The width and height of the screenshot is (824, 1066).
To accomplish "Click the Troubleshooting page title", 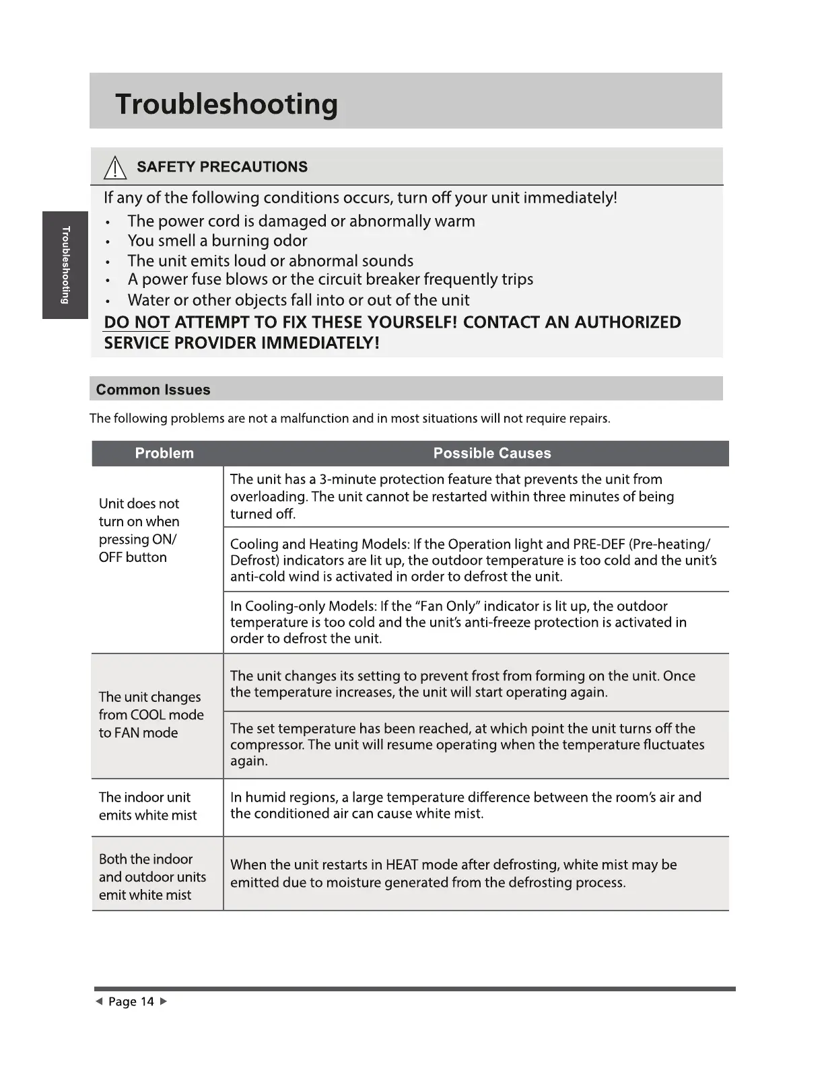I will (226, 104).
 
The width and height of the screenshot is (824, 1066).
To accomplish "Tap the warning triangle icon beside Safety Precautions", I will (116, 167).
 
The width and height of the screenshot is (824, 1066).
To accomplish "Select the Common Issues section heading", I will (153, 390).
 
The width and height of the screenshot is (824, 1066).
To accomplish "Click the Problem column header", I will (164, 453).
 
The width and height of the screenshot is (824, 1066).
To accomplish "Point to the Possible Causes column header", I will (491, 453).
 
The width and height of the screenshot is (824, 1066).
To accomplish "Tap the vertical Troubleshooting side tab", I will (65, 265).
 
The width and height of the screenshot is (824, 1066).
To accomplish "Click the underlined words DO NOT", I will (137, 322).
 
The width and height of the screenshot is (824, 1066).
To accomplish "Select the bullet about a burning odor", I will (217, 240).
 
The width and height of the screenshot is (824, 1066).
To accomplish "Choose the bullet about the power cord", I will (301, 221).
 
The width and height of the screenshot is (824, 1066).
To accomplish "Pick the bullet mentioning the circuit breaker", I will (330, 279).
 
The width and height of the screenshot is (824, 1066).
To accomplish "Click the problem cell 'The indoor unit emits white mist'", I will (148, 806).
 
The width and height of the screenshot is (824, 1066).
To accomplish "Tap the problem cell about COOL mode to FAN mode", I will (151, 715).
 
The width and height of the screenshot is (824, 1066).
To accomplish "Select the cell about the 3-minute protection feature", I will (452, 496).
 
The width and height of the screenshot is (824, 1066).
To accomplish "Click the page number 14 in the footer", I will (147, 1001).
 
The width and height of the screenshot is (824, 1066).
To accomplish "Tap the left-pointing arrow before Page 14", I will (99, 1001).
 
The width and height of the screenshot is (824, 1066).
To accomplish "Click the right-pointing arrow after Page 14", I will (163, 1001).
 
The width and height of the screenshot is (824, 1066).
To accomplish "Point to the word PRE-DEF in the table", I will (598, 544).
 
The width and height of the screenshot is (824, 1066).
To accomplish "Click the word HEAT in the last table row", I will (403, 865).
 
